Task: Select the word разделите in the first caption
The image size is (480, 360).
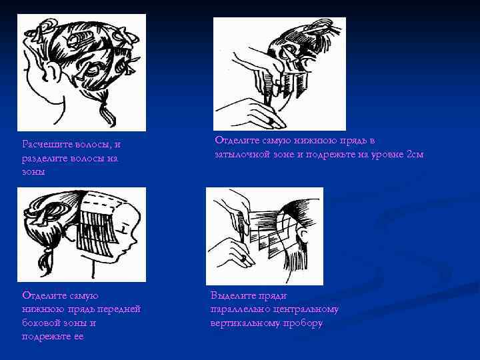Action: (45, 159)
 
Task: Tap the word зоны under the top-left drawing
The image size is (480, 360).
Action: (34, 172)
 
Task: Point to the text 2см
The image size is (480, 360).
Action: (415, 154)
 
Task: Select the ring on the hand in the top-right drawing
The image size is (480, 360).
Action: (271, 121)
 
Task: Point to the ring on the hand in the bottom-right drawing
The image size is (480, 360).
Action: (244, 259)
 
